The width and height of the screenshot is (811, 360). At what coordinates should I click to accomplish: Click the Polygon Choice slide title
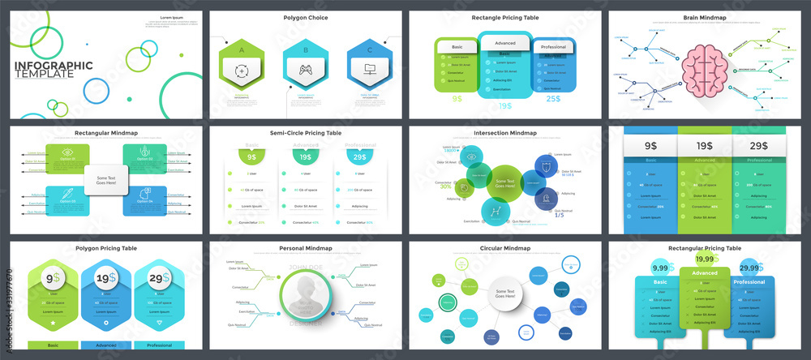[x=306, y=17]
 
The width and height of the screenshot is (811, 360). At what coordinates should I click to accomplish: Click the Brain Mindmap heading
[x=704, y=17]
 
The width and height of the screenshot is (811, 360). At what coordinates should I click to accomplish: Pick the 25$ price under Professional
[x=552, y=99]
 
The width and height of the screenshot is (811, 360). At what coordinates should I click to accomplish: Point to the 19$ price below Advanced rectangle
[x=505, y=105]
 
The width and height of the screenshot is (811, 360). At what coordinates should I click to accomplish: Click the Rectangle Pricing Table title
[x=504, y=17]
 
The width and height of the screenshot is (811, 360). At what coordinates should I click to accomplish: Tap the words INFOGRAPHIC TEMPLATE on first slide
[x=52, y=69]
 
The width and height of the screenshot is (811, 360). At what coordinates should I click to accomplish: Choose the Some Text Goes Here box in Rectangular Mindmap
[x=107, y=182]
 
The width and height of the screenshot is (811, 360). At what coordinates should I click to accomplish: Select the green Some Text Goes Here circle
[x=505, y=182]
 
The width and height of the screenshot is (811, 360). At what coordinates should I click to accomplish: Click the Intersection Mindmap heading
[x=505, y=132]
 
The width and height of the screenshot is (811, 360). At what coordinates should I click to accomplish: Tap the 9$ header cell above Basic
[x=650, y=146]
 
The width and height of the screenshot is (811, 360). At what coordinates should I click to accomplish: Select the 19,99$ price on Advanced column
[x=704, y=259]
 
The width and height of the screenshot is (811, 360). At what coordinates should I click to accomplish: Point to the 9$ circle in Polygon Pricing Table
[x=50, y=279]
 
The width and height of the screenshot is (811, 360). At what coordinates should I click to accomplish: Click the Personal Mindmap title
[x=306, y=248]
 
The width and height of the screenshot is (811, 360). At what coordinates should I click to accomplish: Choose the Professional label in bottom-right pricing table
[x=750, y=282]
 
